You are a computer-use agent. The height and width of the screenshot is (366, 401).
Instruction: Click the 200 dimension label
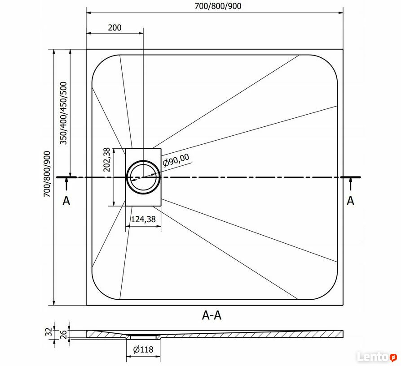point(115,27)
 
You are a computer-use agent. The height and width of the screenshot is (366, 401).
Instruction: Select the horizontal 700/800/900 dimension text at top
point(218,6)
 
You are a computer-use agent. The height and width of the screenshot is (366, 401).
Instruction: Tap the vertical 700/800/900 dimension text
point(47,174)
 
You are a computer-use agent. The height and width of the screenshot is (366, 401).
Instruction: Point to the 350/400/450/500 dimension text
point(63,113)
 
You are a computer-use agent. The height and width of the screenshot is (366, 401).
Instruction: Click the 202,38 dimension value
point(106,159)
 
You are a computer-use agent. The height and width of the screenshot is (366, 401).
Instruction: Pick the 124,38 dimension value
point(143,219)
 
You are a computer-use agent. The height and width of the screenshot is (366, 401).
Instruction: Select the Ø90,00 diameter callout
point(176,160)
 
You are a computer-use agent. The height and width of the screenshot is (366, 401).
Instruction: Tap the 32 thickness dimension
point(50,332)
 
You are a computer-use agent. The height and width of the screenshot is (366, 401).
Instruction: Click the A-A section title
point(212,315)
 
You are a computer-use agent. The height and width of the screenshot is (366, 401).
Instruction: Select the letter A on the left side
point(66,201)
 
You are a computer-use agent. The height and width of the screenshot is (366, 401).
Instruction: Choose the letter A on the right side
point(350,201)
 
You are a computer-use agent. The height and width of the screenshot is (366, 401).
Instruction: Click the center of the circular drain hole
point(143,177)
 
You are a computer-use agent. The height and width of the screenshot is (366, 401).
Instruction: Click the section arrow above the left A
point(66,184)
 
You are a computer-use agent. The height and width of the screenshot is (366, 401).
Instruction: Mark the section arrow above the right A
point(350,184)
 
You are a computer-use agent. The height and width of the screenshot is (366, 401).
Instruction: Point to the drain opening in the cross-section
point(143,337)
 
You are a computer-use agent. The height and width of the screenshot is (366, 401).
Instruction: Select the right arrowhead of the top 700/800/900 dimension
point(340,12)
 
